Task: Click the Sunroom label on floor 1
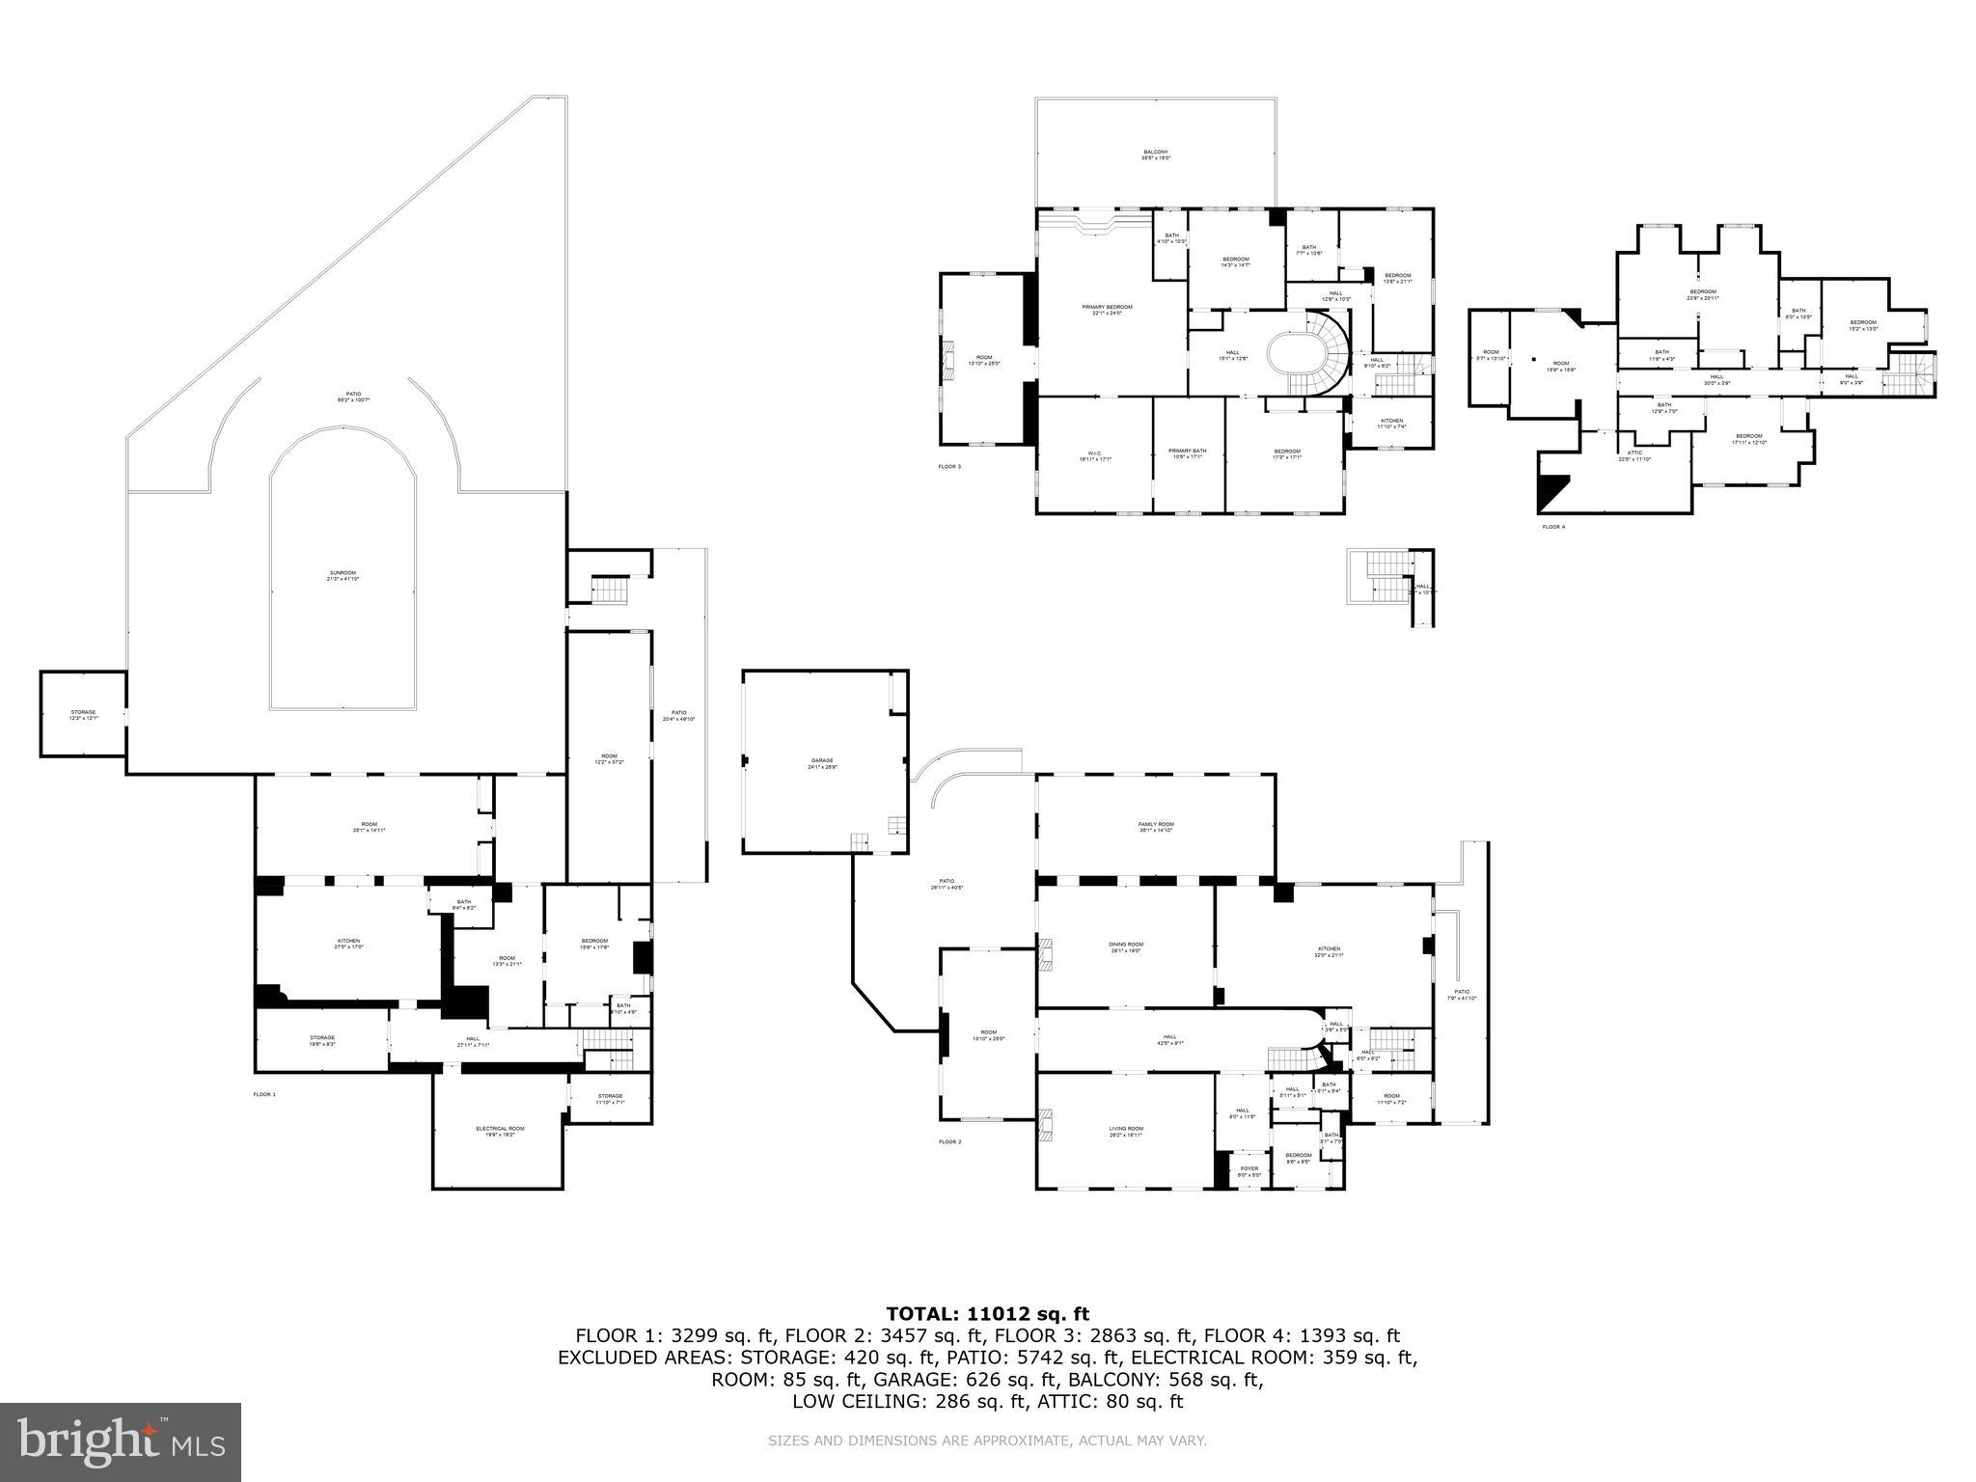tap(343, 575)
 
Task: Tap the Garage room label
tap(822, 763)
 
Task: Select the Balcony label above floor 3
tap(1156, 154)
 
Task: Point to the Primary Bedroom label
tap(1107, 309)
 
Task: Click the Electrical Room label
tap(500, 1131)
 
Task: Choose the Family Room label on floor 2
tap(1156, 826)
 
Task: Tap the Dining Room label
tap(1125, 947)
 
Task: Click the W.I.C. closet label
tap(1093, 453)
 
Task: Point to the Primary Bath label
tap(1187, 453)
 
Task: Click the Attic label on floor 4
tap(1634, 454)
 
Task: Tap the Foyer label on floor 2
tap(1249, 1171)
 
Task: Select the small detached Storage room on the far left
tap(82, 715)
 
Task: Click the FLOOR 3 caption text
tap(949, 467)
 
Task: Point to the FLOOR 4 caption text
tap(1553, 527)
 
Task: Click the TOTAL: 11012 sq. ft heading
tap(987, 1313)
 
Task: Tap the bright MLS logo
tap(121, 1441)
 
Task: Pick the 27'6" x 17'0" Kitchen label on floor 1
tap(348, 944)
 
